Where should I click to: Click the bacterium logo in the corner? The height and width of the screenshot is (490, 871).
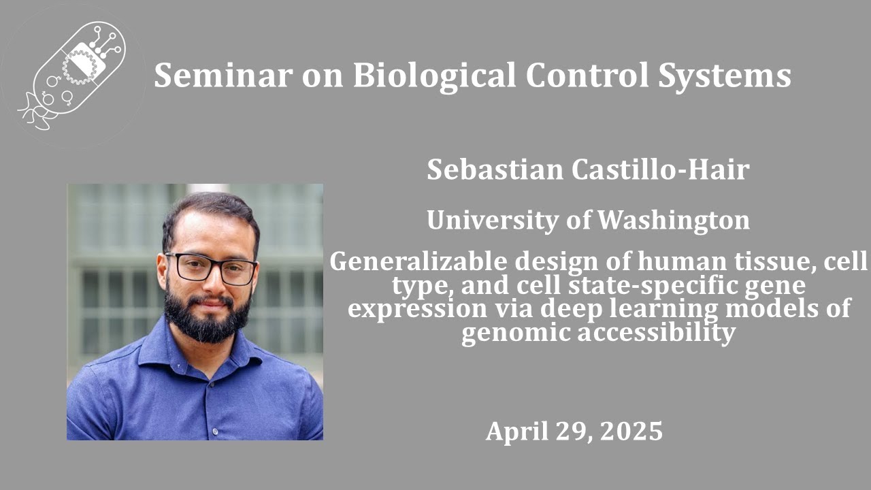(73, 75)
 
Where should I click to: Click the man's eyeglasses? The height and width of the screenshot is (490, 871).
(211, 268)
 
